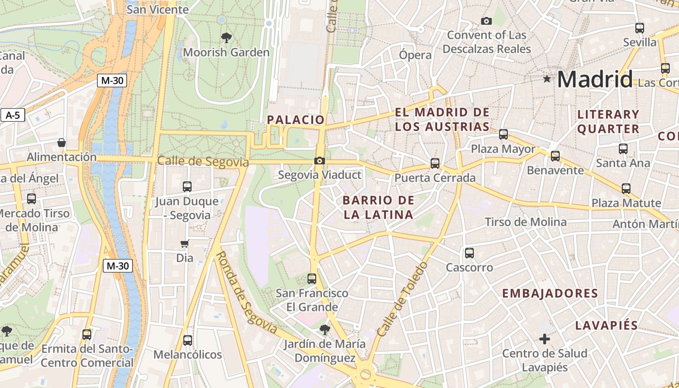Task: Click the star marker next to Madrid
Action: [547, 79]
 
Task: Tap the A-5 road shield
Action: [13, 115]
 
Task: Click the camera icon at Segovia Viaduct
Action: [319, 161]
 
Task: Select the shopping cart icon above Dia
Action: [184, 244]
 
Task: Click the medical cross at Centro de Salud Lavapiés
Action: [545, 339]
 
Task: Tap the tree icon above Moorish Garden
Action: [226, 37]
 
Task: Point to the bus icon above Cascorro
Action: [469, 253]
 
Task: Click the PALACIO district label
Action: [295, 120]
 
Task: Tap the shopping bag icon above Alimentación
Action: [62, 143]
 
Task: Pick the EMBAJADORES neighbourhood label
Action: [550, 293]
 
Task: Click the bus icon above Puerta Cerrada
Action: [435, 163]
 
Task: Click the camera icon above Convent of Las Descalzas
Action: [486, 21]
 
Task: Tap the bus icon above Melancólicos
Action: [188, 340]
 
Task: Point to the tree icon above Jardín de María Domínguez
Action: [324, 330]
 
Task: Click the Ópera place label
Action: [415, 55]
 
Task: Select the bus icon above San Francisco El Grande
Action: [312, 279]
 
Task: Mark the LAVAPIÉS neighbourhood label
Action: [606, 325]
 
